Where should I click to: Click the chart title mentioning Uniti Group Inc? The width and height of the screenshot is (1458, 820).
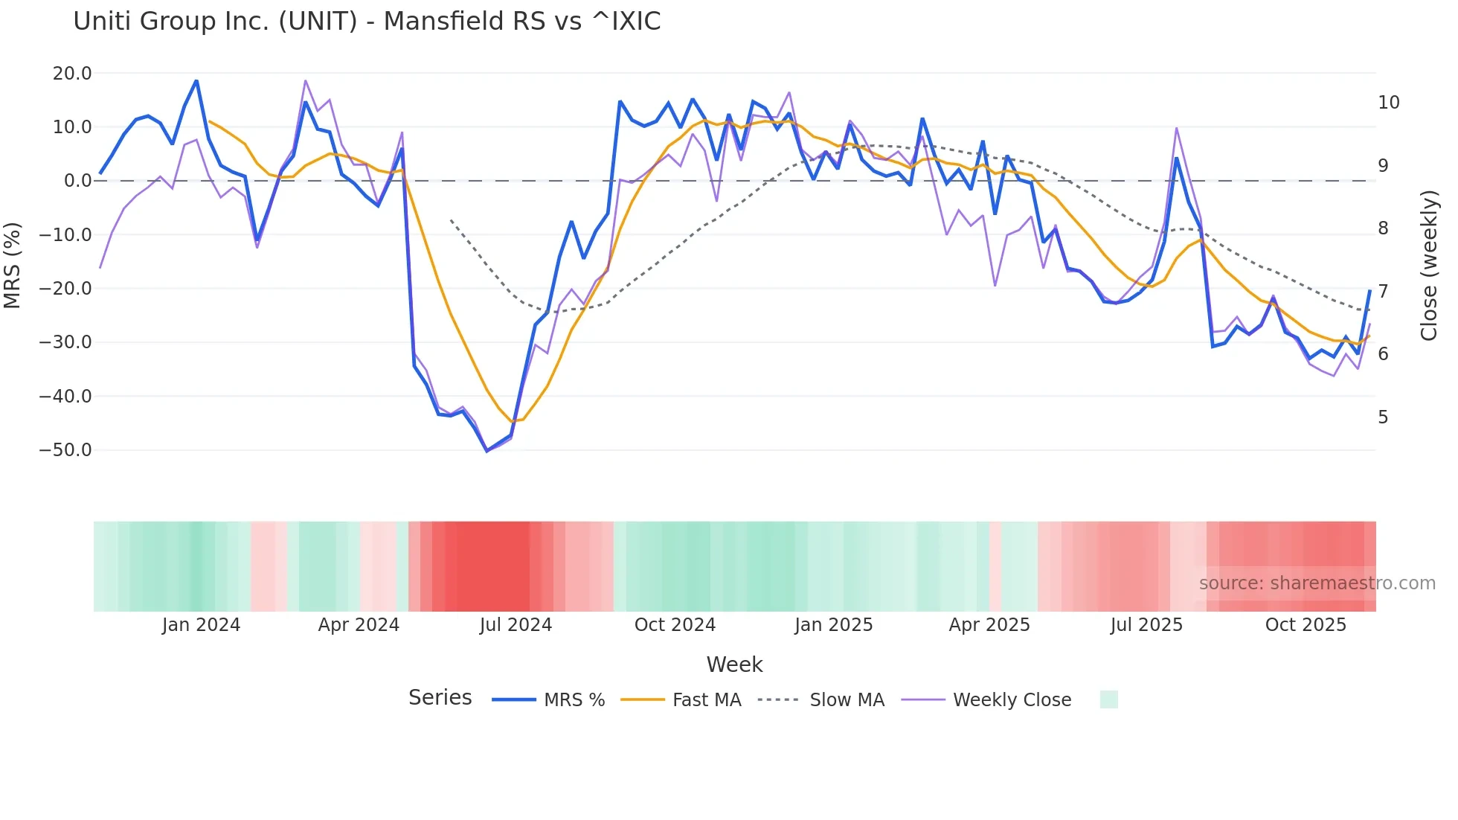coord(367,22)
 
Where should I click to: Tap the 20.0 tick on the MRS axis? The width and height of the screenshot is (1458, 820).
coord(72,74)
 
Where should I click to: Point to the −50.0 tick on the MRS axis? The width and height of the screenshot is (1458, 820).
coord(65,450)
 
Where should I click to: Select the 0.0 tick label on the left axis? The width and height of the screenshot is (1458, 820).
coord(77,181)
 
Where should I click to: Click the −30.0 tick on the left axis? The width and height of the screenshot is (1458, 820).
coord(65,342)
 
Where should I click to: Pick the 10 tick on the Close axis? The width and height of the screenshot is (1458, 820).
coord(1388,103)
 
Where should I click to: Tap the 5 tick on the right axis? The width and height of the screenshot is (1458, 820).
coord(1383,417)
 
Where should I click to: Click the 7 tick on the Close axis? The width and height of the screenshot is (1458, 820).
coord(1383,291)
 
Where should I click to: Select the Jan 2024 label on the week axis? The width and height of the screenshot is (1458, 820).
coord(201,625)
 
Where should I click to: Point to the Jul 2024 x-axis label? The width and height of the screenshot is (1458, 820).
coord(516,625)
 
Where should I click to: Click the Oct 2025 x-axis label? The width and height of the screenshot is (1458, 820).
coord(1306,625)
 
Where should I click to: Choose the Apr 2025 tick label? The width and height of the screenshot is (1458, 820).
coord(989,625)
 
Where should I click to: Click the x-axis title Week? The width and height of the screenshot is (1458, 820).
coord(734,664)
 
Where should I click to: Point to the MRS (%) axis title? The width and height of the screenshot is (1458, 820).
coord(13,265)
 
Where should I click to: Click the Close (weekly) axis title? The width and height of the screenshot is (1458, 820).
coord(1428,266)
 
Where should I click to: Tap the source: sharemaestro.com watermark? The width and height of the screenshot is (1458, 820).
coord(1317,583)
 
